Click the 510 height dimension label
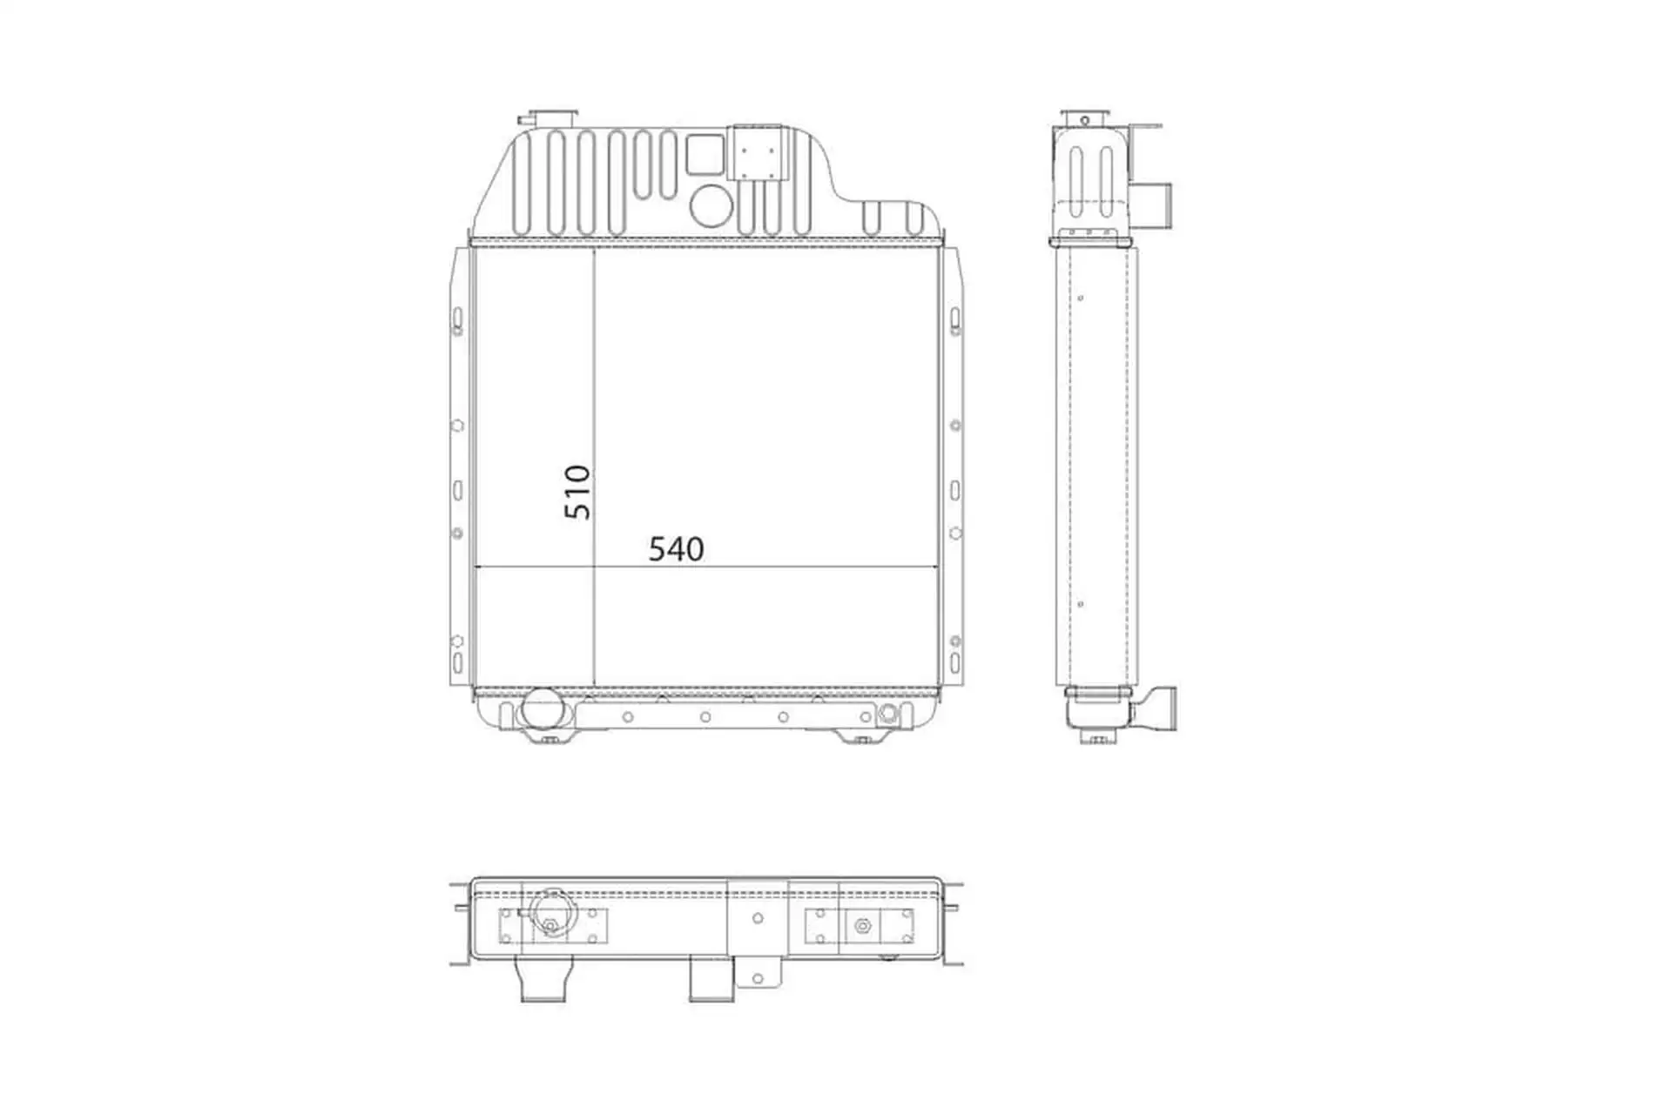[577, 493]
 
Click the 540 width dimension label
[676, 549]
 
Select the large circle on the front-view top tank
[711, 205]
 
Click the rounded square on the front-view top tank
[705, 155]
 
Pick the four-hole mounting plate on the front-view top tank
[756, 154]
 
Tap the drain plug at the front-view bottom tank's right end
[887, 715]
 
